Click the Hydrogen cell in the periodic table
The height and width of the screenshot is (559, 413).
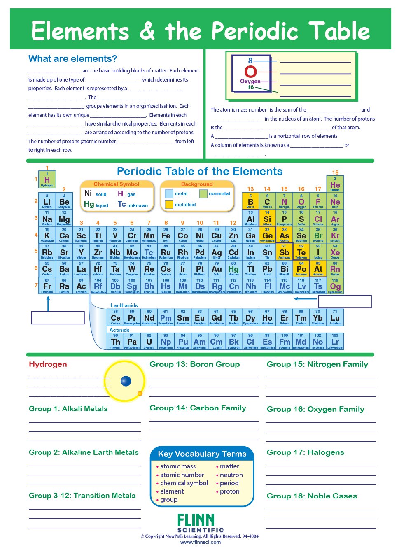point(47,180)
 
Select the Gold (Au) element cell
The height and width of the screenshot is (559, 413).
point(217,269)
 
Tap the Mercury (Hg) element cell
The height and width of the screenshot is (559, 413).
point(233,269)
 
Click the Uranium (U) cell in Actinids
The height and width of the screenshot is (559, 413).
point(149,342)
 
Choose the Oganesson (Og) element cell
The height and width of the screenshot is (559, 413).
point(335,286)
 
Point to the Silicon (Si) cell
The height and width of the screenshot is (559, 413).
point(267,219)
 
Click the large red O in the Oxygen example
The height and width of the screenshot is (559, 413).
point(250,72)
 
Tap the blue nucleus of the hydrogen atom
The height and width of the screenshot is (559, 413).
point(126,381)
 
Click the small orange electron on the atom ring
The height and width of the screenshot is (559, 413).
point(140,394)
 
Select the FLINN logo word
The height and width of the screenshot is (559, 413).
point(196,520)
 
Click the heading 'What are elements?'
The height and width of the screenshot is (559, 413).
point(73,59)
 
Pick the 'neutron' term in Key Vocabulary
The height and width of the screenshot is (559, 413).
point(231,475)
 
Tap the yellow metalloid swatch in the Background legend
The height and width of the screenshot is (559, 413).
point(169,205)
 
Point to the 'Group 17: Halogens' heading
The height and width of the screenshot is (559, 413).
point(305,452)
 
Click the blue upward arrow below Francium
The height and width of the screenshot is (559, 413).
point(48,303)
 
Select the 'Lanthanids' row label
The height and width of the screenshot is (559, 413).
point(124,305)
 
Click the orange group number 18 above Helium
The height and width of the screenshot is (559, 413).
point(335,172)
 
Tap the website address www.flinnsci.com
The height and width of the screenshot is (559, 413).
point(200,542)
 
